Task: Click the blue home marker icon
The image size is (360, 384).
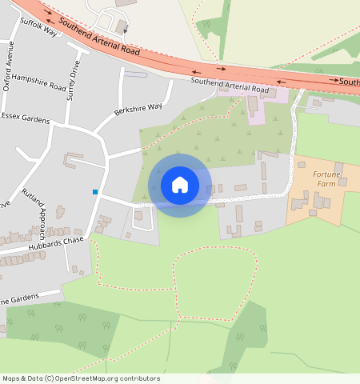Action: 180,185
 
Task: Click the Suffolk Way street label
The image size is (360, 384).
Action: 38,28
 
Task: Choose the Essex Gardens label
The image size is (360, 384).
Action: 25,120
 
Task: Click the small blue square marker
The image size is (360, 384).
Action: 95,192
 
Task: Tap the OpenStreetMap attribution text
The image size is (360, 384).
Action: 81,378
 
